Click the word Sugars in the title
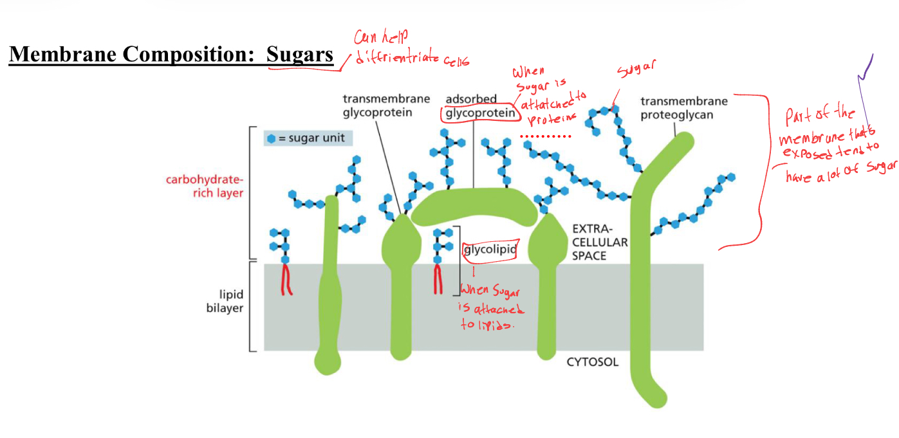click(x=300, y=55)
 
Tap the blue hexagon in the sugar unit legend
click(x=271, y=138)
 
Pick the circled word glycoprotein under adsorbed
click(x=479, y=113)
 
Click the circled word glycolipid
click(x=490, y=250)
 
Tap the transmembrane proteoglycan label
click(x=684, y=108)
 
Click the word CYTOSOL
click(x=592, y=362)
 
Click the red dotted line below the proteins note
click(x=546, y=137)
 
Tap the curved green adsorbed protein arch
click(x=474, y=204)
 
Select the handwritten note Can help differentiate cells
click(x=409, y=50)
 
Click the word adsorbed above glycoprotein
click(x=471, y=99)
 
